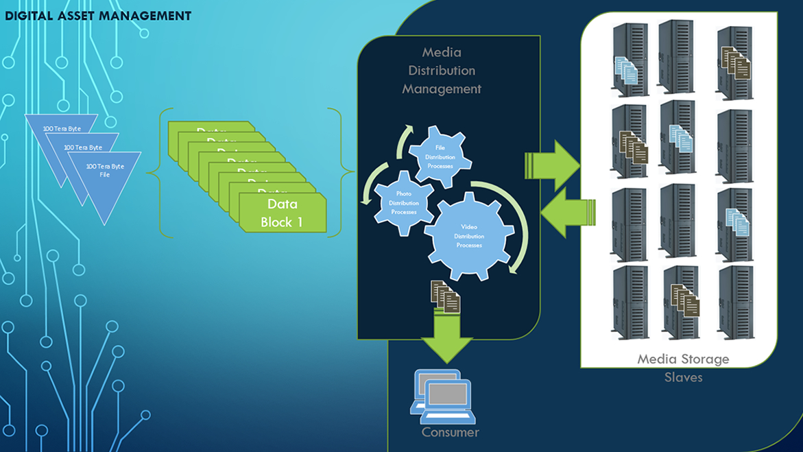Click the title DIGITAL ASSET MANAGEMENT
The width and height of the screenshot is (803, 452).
(x=98, y=16)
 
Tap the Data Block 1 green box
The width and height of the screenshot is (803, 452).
(x=282, y=213)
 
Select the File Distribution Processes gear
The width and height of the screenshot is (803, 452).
(x=440, y=157)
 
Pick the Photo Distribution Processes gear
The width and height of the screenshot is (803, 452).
(x=403, y=203)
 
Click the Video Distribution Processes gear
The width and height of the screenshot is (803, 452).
(x=469, y=236)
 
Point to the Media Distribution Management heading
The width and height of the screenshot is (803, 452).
(x=442, y=71)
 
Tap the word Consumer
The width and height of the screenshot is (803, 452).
(x=450, y=432)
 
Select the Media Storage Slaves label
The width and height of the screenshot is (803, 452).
(x=683, y=368)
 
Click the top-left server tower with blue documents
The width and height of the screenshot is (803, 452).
(x=630, y=60)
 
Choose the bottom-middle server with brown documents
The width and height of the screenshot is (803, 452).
(x=681, y=302)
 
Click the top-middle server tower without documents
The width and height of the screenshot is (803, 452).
(x=676, y=56)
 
